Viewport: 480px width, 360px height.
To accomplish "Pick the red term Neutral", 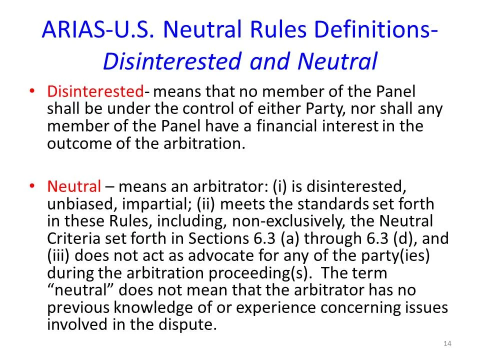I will tap(74, 187).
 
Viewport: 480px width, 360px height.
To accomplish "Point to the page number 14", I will tap(447, 343).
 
